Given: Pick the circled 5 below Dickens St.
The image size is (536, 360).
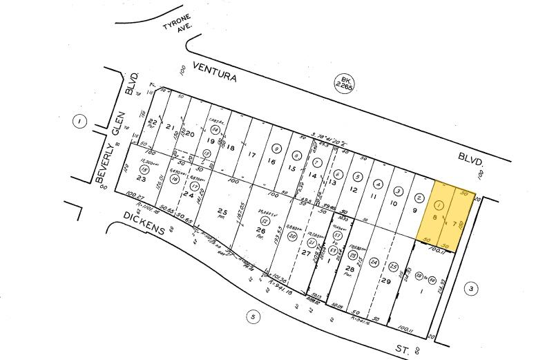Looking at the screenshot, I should pos(253,317).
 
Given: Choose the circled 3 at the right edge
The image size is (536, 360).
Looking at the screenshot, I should pos(470,288).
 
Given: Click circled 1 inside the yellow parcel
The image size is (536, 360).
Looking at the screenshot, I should pos(439,205).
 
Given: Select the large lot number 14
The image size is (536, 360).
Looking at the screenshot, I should pos(313,176).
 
